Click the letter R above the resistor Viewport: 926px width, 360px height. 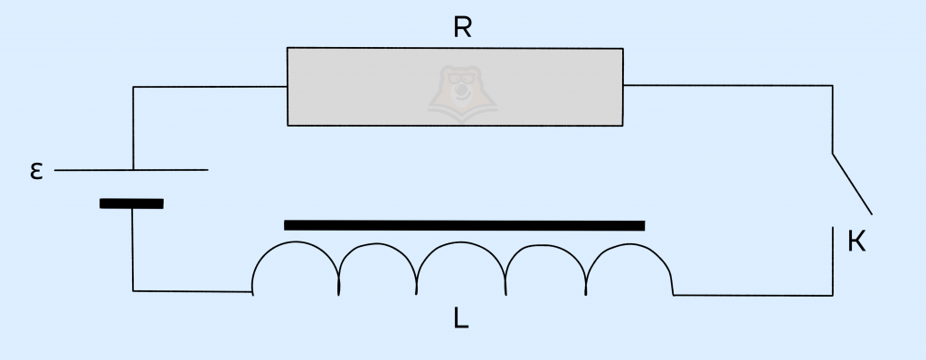462,26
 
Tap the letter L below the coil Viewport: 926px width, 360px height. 461,318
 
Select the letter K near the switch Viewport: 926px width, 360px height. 856,242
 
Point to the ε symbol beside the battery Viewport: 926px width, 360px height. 36,171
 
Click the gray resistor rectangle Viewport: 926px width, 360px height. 455,87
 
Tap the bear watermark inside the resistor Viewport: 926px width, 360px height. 462,93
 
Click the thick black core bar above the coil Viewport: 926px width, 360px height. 464,225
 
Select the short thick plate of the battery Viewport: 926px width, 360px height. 131,204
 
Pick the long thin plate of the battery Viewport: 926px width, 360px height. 131,170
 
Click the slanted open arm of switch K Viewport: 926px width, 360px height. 852,184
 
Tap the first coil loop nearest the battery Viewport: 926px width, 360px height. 296,242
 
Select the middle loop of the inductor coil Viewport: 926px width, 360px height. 461,242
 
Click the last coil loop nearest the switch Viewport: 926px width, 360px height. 629,245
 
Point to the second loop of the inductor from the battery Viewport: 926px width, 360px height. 378,245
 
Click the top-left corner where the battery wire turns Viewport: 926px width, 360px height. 134,88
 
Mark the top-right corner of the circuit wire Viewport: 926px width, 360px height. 832,86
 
